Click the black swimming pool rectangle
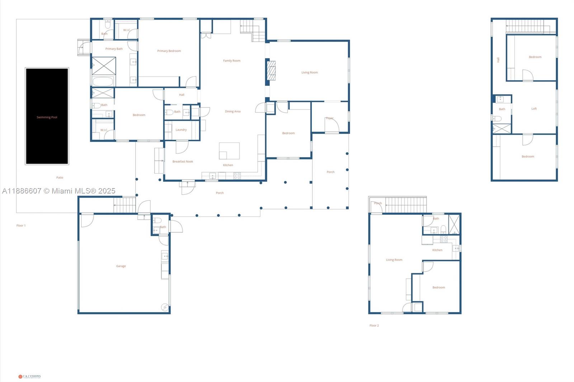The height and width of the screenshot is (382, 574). click(47, 116)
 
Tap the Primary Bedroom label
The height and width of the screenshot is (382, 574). click(169, 51)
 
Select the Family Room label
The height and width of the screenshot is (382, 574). click(232, 61)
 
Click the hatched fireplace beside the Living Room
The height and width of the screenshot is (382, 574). click(271, 70)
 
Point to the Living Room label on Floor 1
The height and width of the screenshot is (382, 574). click(309, 72)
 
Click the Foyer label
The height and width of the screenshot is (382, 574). click(330, 118)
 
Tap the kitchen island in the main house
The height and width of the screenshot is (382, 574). click(230, 151)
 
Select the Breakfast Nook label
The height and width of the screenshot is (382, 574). click(183, 162)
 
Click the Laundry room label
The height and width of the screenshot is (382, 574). click(181, 130)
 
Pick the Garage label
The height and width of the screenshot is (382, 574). click(121, 266)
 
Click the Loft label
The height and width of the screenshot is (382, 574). click(534, 109)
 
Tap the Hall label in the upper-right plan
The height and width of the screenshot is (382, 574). click(498, 60)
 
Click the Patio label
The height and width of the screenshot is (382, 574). click(60, 177)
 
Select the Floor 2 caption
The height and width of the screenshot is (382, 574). click(374, 325)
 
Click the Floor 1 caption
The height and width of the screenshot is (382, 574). click(21, 225)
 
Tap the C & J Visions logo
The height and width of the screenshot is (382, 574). click(29, 376)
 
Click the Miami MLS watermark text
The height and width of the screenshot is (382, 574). click(59, 191)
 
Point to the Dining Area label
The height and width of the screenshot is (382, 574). click(232, 111)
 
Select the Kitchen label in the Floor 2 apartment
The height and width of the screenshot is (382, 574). click(437, 250)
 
